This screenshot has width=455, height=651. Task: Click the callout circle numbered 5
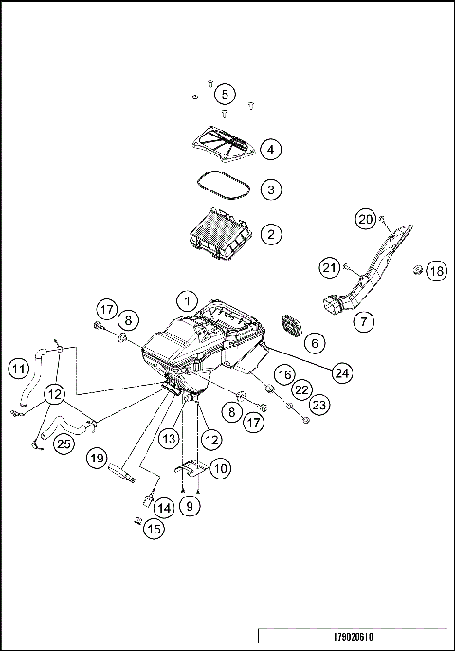[225, 94]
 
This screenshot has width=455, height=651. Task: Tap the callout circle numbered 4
[271, 150]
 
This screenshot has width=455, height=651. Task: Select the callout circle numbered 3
[271, 190]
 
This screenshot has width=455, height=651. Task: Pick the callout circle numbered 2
[271, 234]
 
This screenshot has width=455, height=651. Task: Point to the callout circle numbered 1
[188, 301]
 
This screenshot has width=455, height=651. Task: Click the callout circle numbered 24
[342, 372]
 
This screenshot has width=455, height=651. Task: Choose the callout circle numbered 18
[437, 271]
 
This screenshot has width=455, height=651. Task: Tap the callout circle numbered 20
[365, 219]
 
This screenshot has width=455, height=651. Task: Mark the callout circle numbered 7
[364, 321]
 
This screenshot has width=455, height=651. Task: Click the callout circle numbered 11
[19, 369]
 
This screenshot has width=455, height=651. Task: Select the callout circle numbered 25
[64, 443]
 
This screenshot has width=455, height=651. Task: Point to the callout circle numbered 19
[97, 459]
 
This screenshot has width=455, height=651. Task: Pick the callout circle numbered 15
[154, 529]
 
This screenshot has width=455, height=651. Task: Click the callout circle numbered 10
[221, 468]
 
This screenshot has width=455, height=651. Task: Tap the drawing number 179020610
[354, 637]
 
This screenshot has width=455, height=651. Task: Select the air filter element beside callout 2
[220, 235]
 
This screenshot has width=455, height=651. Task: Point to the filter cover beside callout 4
[224, 142]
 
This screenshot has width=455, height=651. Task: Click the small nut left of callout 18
[417, 271]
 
